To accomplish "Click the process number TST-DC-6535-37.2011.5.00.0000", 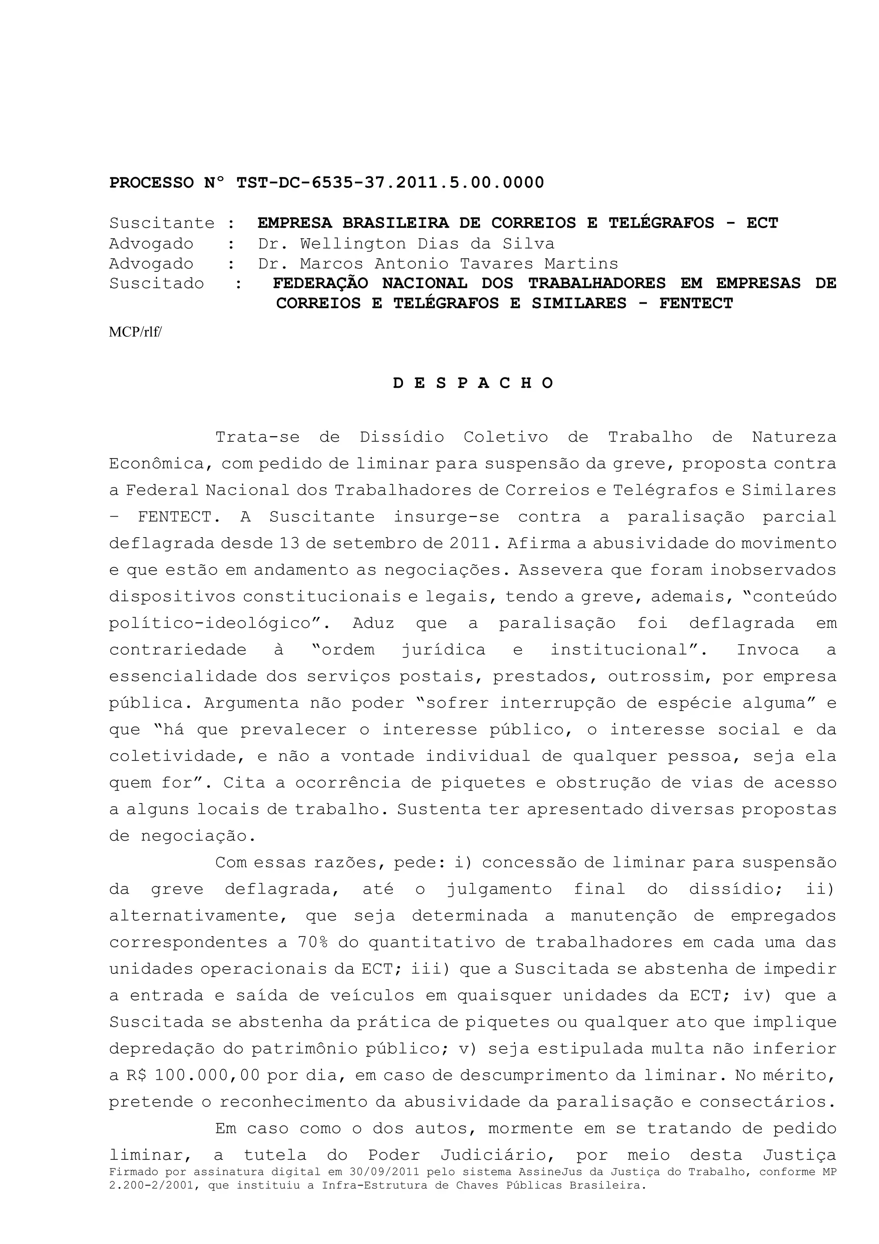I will [390, 182].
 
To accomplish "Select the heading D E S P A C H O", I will [473, 383].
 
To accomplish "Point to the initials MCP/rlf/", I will [135, 332].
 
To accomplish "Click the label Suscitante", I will [162, 223].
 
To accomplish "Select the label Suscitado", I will [157, 283].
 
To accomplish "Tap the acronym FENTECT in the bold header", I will [695, 304].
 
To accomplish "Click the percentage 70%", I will [312, 942].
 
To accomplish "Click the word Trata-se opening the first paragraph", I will [257, 437].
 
